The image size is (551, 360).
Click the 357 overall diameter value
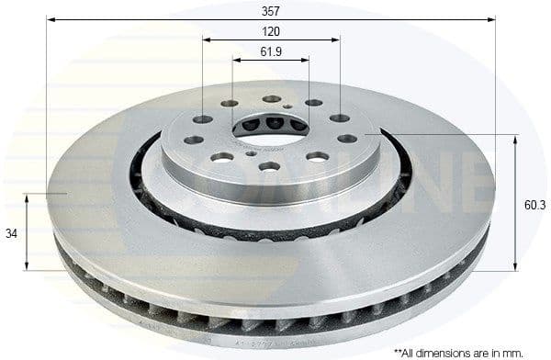point(270,11)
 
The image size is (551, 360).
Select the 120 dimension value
point(270,31)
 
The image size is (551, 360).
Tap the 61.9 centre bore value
point(270,51)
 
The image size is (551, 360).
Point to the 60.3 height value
point(534,205)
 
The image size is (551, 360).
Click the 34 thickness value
point(11,233)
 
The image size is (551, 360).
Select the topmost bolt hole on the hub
point(272,99)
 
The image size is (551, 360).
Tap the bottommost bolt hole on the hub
point(269,166)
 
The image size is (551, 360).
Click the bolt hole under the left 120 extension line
point(203,119)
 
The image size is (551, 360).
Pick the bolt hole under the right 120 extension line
point(340,118)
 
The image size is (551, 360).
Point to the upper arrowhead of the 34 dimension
point(28,197)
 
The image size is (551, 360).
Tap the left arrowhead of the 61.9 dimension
point(236,61)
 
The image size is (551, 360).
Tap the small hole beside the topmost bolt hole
point(287,106)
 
